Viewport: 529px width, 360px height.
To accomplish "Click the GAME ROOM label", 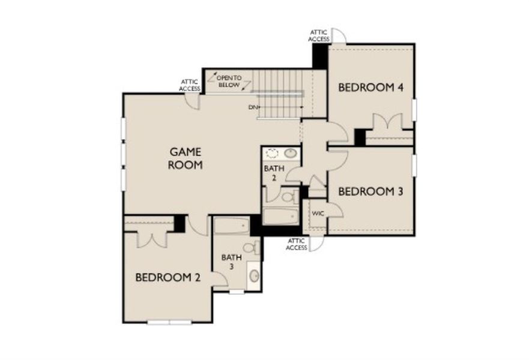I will [x=185, y=158].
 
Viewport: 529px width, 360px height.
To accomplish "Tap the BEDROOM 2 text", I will [x=168, y=277].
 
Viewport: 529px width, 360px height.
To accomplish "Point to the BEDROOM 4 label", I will [x=370, y=88].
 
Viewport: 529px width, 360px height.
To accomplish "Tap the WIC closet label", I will [x=316, y=212].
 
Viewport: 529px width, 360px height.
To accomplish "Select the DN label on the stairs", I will [x=253, y=107].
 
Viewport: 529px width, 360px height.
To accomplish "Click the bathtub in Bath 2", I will [x=280, y=215].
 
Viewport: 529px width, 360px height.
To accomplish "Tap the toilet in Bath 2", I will [x=287, y=196].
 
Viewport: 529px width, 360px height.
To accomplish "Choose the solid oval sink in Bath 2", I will [x=291, y=154].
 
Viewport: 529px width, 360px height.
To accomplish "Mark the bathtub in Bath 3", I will [x=231, y=226].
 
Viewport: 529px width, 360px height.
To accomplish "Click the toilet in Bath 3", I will [x=252, y=247].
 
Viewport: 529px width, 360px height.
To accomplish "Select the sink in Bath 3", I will [x=254, y=276].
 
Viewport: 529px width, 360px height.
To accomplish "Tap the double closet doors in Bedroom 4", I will [x=387, y=122].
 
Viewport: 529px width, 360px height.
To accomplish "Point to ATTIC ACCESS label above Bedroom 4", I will [x=318, y=35].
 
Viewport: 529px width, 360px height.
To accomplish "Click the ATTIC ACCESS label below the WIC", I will [x=296, y=244].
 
